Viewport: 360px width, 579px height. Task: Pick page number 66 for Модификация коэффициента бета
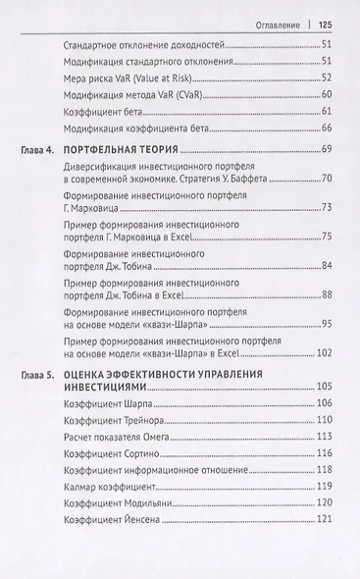(x=328, y=129)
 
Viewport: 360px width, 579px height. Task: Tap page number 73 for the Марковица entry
(x=328, y=207)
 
